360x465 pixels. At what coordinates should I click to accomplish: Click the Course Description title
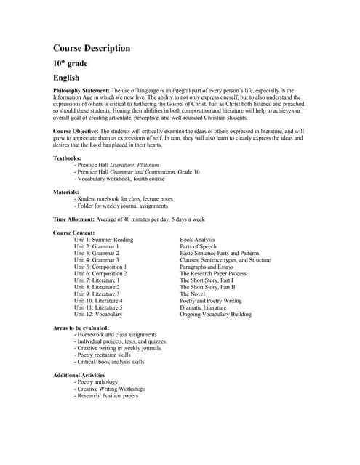92,48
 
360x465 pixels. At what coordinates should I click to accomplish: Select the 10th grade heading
70,63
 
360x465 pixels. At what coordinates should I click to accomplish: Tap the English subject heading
66,77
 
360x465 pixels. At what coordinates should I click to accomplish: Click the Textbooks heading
68,158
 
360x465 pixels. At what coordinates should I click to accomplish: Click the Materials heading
66,192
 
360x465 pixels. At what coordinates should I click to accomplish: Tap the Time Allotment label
79,219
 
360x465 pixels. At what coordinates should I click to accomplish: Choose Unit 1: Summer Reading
103,240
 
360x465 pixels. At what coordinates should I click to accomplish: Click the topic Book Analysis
197,240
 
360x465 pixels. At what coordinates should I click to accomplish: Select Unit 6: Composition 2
100,273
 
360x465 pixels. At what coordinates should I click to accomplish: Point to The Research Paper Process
213,273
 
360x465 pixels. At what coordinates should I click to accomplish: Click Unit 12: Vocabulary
98,314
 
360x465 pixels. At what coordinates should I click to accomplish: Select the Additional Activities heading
79,375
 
